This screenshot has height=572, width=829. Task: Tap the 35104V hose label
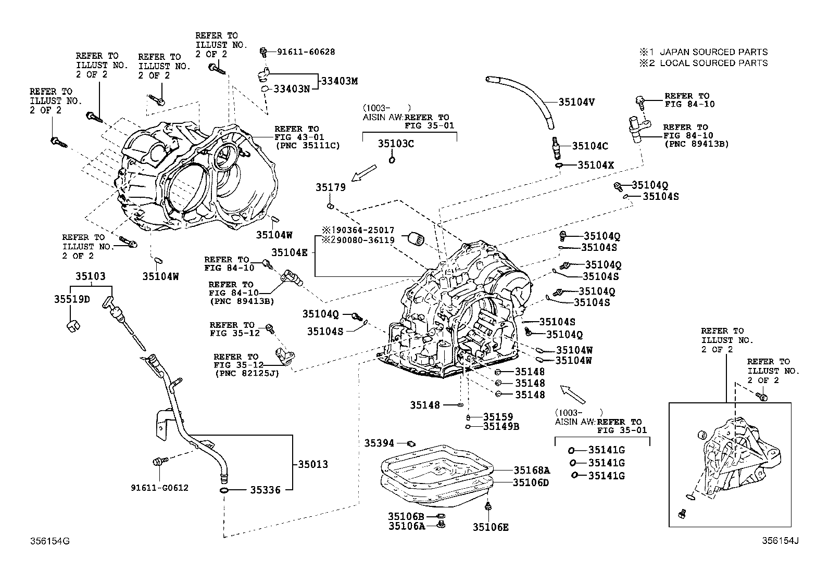click(576, 102)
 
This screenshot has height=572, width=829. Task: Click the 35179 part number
click(330, 187)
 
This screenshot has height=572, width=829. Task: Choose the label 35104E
click(289, 252)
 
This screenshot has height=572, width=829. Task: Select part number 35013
click(312, 464)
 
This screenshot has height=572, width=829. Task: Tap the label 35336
click(265, 490)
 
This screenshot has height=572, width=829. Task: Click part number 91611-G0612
click(159, 488)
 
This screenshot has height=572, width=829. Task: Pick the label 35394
click(379, 443)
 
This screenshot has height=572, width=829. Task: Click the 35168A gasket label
click(531, 470)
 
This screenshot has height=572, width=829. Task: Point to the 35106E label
click(491, 527)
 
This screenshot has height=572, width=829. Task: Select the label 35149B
click(501, 426)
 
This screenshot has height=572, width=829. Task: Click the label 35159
click(498, 416)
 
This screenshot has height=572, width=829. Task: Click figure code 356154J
click(780, 541)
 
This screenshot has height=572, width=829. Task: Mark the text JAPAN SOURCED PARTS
click(713, 52)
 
